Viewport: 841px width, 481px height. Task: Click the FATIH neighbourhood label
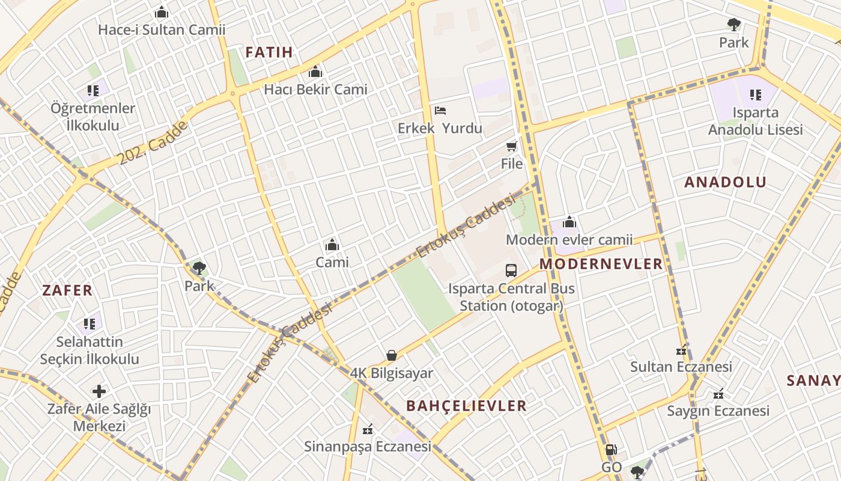tap(269, 52)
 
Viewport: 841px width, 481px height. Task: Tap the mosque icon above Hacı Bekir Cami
tap(315, 73)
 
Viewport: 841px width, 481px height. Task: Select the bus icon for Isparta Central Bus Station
tap(511, 271)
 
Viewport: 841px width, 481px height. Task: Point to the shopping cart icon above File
tap(511, 146)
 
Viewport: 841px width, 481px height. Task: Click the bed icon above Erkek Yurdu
tap(440, 111)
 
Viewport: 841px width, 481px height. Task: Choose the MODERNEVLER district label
tap(601, 264)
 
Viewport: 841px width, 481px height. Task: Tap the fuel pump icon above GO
tap(611, 450)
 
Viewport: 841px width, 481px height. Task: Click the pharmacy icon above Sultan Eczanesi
tap(681, 350)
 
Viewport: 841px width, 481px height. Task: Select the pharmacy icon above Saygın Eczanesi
tap(718, 394)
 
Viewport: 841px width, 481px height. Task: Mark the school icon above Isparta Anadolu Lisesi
tap(755, 95)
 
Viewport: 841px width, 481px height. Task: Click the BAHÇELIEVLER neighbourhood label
tap(466, 406)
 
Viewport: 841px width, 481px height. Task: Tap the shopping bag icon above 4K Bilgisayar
tap(392, 356)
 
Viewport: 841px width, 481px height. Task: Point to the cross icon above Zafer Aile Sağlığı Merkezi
tap(99, 392)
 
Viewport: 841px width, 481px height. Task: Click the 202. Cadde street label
tap(153, 142)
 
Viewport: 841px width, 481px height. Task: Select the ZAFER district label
tap(67, 291)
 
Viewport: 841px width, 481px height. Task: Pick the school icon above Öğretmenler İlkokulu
tap(93, 91)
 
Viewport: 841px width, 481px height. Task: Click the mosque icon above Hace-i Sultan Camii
tap(161, 13)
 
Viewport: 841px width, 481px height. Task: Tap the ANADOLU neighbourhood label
tap(726, 183)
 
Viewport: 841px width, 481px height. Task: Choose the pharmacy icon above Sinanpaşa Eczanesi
tap(368, 429)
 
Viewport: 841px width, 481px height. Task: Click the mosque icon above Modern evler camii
tap(569, 222)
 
